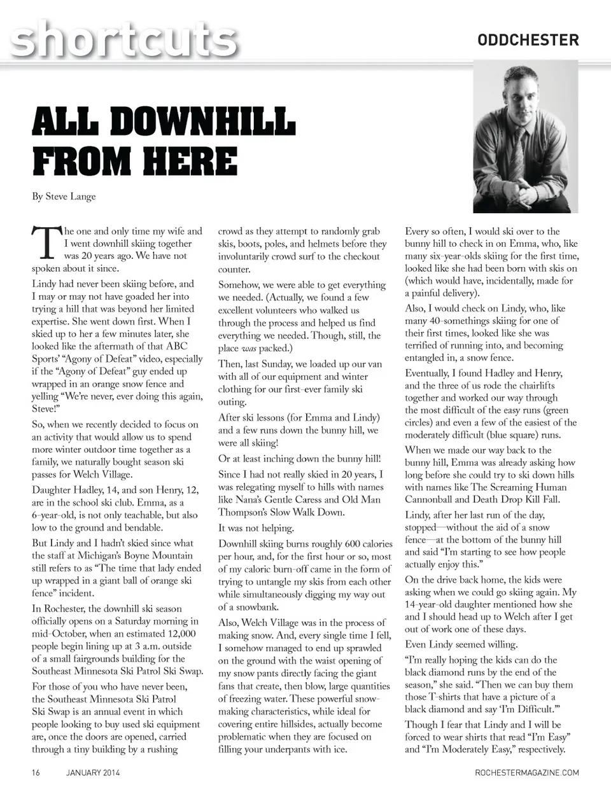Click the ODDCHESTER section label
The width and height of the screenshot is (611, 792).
click(x=528, y=40)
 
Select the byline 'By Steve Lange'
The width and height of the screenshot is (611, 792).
click(x=64, y=196)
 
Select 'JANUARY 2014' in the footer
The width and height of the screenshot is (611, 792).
click(x=93, y=773)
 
